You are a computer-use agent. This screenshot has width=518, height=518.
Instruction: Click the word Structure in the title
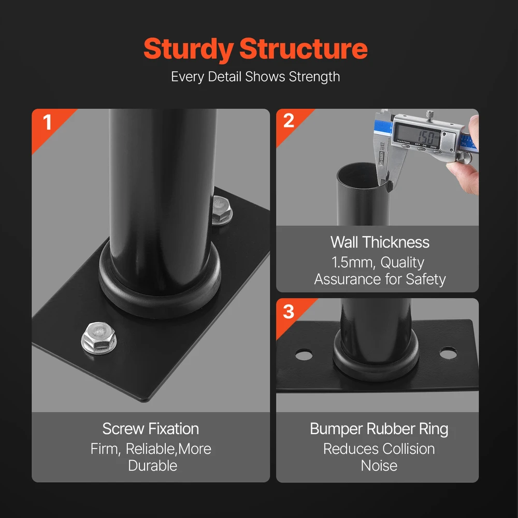[303, 49]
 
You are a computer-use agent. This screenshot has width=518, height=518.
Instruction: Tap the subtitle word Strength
[314, 77]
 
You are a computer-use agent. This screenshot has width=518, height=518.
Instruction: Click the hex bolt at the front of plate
[99, 338]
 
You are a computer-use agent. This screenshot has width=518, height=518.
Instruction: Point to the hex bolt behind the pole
[222, 211]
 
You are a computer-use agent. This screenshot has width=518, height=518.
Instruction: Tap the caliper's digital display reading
[418, 134]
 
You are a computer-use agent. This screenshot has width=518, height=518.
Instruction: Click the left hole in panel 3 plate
[304, 355]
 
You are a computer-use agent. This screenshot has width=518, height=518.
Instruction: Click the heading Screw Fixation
[151, 429]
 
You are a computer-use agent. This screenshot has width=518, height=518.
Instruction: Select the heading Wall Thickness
[380, 242]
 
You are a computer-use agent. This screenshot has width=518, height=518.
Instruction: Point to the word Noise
[379, 466]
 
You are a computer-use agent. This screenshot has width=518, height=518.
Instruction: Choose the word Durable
[153, 466]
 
